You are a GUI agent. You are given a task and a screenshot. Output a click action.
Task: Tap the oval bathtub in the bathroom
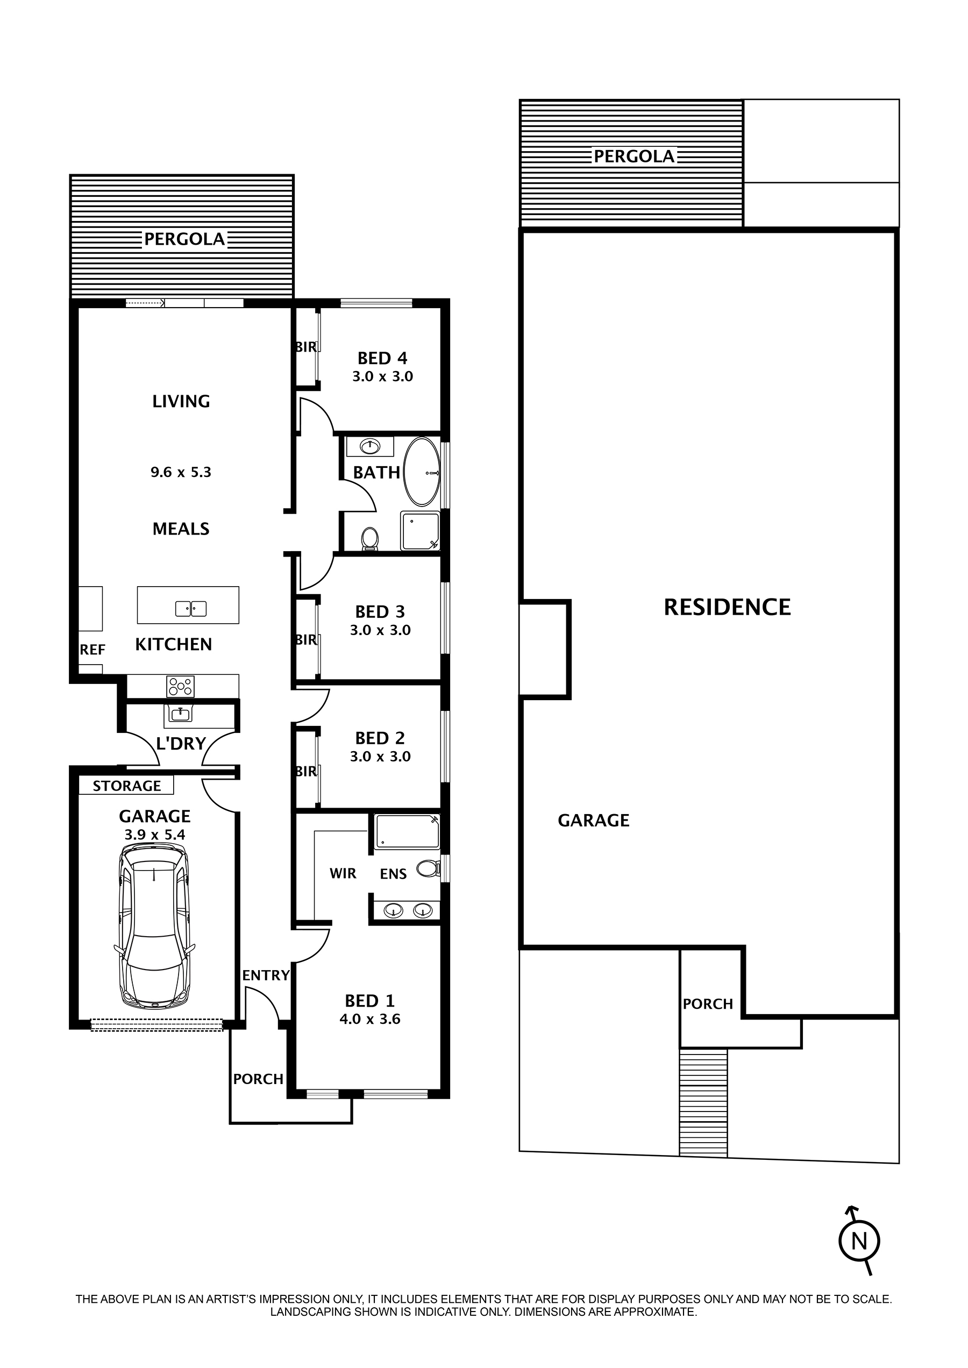(422, 472)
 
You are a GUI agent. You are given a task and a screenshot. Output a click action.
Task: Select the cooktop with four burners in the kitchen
(181, 686)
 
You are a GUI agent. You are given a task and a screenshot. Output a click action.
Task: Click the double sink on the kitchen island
(191, 609)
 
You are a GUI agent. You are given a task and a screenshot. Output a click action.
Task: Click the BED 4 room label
(382, 358)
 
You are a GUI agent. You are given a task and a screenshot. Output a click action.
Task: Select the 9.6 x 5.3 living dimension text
(181, 472)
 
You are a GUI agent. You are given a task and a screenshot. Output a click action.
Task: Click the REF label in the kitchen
(92, 650)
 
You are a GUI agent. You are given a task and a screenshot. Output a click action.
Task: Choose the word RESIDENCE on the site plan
(727, 608)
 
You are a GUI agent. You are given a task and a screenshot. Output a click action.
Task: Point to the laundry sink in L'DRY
(180, 713)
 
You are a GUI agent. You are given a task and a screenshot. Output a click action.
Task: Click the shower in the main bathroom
(420, 531)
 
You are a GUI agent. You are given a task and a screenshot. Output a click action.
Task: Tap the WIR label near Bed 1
(343, 873)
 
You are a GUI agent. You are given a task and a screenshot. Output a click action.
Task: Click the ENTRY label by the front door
(266, 976)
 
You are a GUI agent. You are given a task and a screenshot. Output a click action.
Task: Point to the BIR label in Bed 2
(306, 771)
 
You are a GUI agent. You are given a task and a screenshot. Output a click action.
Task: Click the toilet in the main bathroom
(370, 538)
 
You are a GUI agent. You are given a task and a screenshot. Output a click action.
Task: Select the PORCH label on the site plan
(708, 1004)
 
